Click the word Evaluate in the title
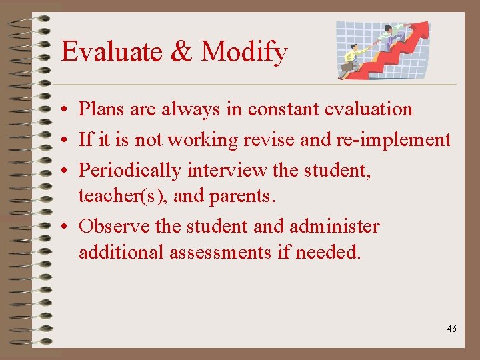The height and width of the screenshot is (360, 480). [107, 52]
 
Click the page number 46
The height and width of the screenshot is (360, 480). [452, 329]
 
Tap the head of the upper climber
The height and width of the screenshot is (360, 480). [387, 29]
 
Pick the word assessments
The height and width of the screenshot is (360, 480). [225, 253]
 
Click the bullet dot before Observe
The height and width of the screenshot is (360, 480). [69, 227]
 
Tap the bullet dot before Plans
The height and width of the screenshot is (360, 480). [69, 109]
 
